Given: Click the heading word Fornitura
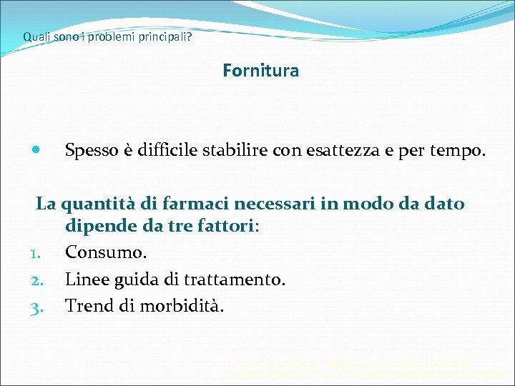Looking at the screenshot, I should pos(260,71).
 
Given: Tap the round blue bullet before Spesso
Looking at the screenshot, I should pos(36,152).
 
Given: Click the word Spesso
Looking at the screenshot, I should pos(92,152).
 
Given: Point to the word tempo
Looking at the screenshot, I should pos(459,152).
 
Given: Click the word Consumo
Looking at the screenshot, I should pos(107,253).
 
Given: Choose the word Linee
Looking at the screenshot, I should pos(86,279).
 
